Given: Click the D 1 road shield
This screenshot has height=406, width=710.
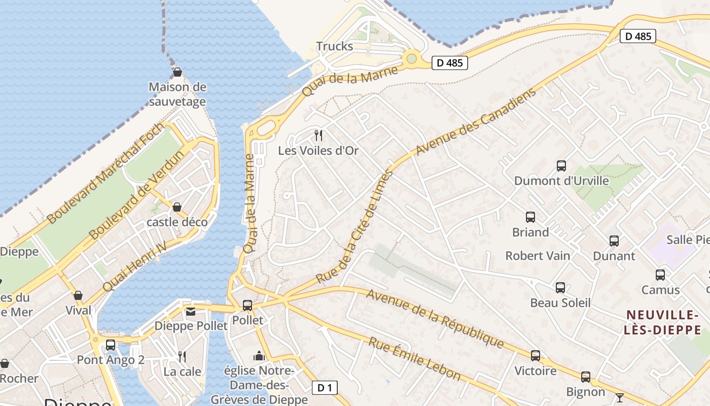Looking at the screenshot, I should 325,388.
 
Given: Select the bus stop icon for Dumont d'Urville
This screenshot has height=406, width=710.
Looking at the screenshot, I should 561,166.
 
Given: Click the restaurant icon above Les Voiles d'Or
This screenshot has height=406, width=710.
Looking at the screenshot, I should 318,136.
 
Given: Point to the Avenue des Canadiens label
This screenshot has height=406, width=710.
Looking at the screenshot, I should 475,122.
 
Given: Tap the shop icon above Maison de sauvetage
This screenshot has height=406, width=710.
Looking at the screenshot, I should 177,73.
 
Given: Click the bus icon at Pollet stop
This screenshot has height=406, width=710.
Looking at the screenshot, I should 247,306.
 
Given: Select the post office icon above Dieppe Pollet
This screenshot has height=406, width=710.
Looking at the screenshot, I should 190,312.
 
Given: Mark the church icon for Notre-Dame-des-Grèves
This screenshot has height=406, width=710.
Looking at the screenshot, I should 259,356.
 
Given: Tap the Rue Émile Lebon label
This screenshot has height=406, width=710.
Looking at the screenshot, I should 414,359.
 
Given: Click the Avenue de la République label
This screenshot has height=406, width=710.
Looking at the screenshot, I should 435,319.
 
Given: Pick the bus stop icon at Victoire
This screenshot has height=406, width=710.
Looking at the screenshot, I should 536,356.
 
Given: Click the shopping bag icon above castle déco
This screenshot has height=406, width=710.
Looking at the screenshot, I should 177,207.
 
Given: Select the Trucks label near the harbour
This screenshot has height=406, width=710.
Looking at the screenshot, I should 335,46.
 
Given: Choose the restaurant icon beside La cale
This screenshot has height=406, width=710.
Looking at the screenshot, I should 182,357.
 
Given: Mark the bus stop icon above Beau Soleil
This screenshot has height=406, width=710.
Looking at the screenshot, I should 560,288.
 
